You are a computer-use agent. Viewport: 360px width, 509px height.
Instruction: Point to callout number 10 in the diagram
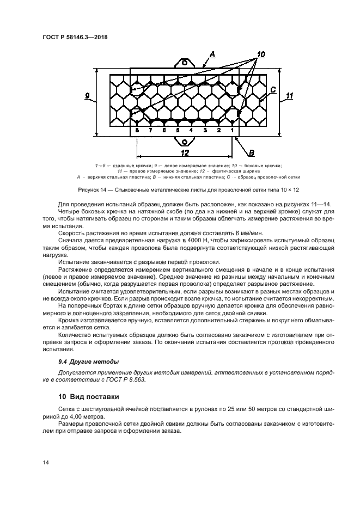(260, 54)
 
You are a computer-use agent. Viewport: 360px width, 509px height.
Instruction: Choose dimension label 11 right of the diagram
(289, 96)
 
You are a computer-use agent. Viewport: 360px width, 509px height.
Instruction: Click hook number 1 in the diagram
(232, 131)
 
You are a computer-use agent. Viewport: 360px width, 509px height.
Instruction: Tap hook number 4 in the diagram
(191, 131)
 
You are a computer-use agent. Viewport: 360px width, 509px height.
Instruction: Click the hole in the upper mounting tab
(185, 63)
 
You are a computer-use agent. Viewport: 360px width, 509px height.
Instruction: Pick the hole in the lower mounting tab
(185, 141)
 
